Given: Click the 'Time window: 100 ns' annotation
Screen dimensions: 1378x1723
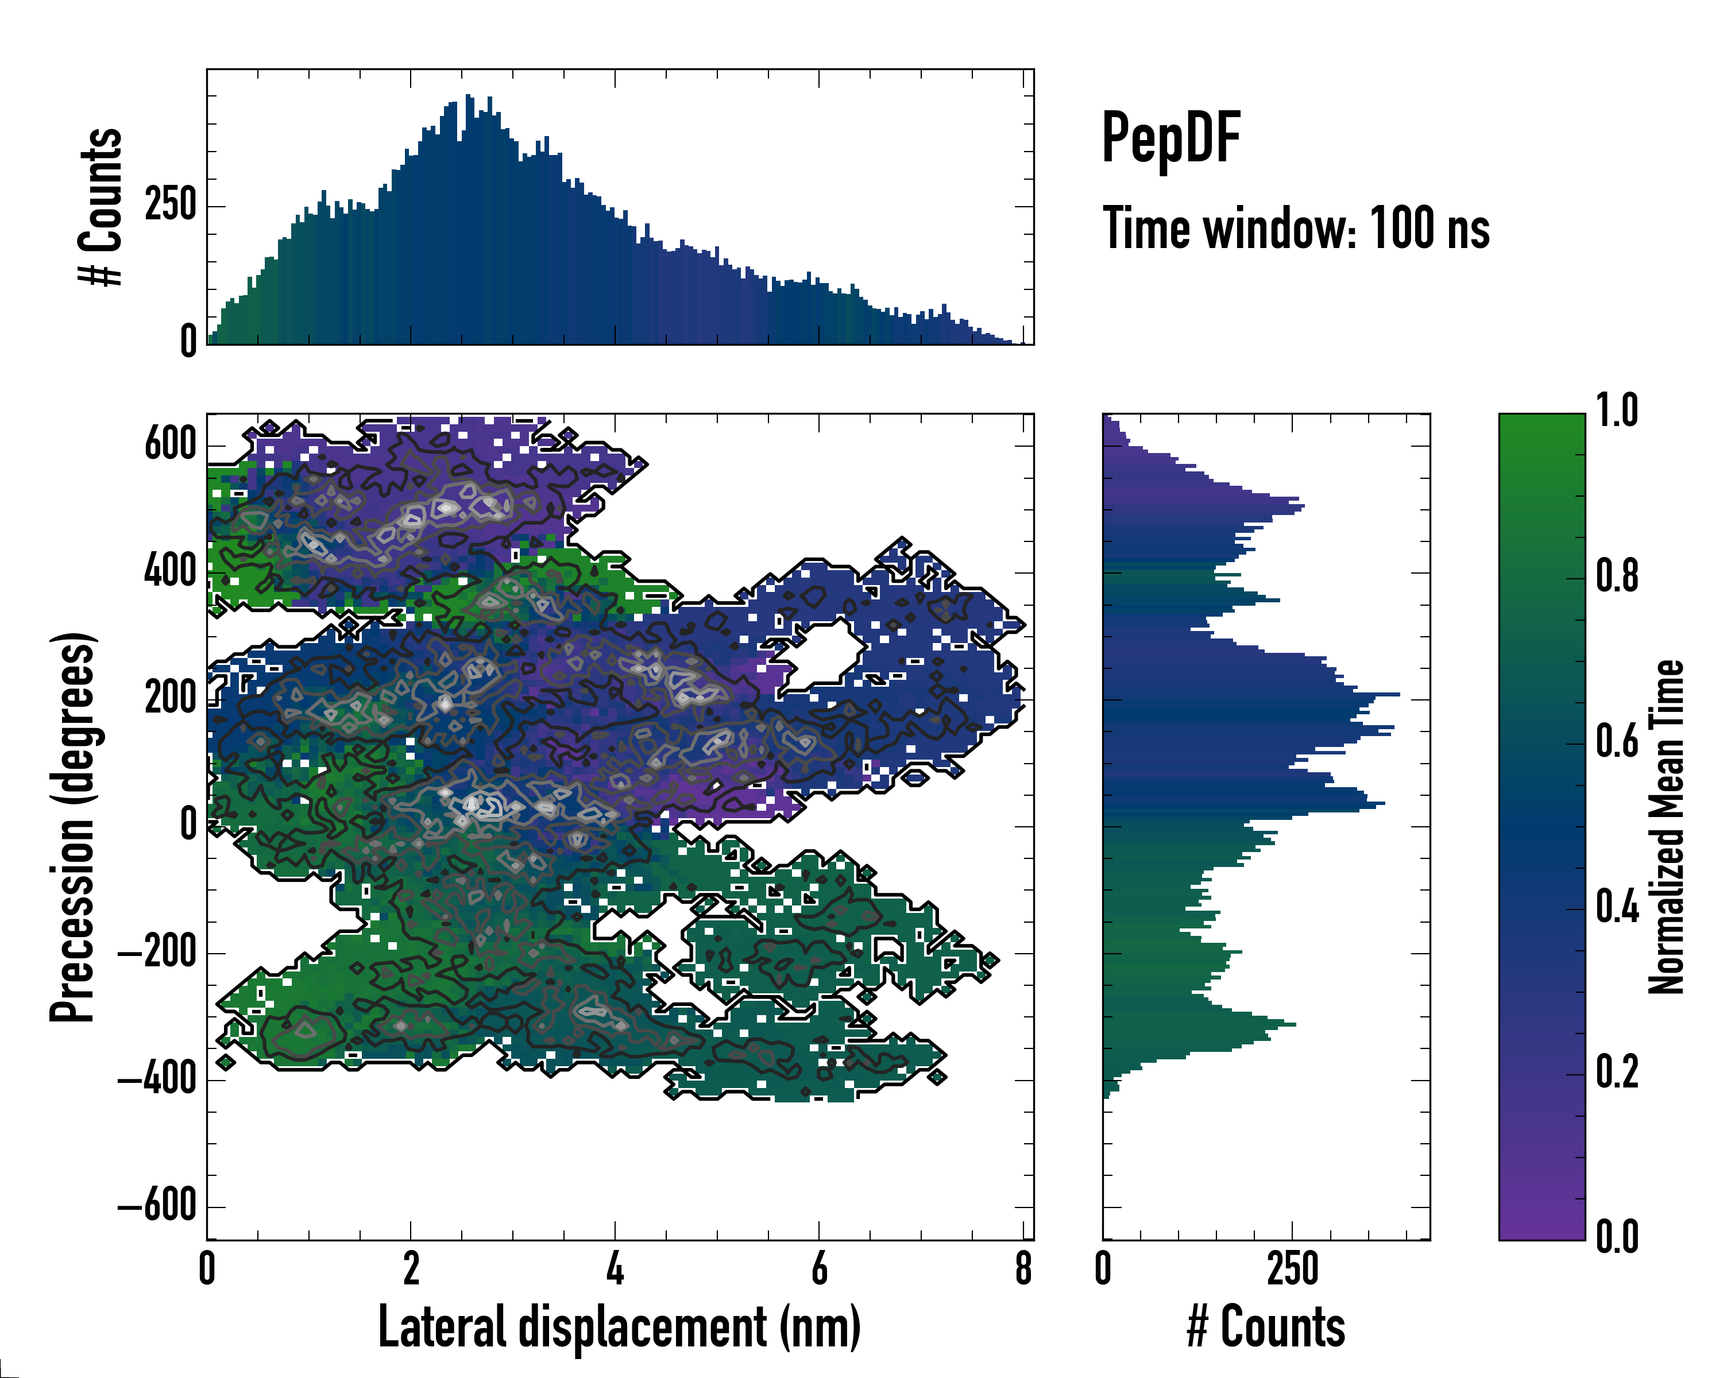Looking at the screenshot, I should [x=1296, y=229].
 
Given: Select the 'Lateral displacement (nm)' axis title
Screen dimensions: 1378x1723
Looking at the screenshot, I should [x=619, y=1327].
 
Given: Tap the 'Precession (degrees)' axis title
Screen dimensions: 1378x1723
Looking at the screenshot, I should [x=73, y=827].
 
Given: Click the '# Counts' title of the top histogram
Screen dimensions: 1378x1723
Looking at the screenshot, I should [x=101, y=206].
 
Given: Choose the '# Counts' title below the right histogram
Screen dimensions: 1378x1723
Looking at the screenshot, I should [x=1266, y=1327].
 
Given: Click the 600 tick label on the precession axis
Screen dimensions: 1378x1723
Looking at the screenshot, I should [x=170, y=444].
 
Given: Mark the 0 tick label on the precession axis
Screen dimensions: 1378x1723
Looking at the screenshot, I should [x=188, y=825].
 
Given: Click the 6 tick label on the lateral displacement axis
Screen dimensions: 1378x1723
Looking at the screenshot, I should [x=819, y=1269].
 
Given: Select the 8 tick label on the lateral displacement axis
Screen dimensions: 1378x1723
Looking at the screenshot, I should [x=1023, y=1269].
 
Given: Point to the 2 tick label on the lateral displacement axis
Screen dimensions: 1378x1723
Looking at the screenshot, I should [x=411, y=1269].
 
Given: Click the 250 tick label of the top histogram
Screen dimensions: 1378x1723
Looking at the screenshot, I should [x=170, y=206].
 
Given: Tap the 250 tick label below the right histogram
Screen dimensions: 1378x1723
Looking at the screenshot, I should [x=1292, y=1269].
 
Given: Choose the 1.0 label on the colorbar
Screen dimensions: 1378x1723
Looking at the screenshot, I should [x=1617, y=412].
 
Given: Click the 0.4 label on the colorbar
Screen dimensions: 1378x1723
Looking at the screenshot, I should [x=1617, y=908].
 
